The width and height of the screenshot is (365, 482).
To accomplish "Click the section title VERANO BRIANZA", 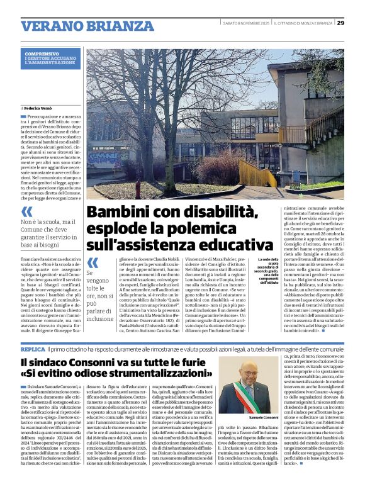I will point(79,26).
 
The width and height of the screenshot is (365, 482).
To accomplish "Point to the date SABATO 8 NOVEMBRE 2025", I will point(246,23).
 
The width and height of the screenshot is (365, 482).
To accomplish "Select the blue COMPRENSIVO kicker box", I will point(51,59).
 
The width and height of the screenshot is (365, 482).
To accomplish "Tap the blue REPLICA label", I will point(33,348).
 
